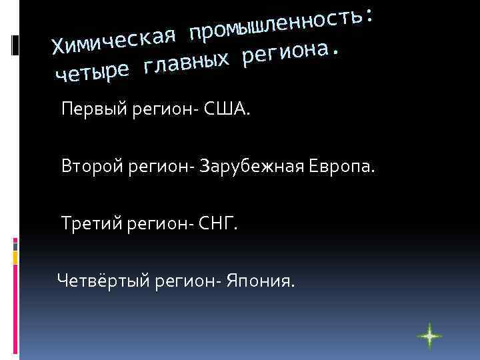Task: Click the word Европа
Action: coord(343,165)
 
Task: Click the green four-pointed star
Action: coord(429,337)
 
